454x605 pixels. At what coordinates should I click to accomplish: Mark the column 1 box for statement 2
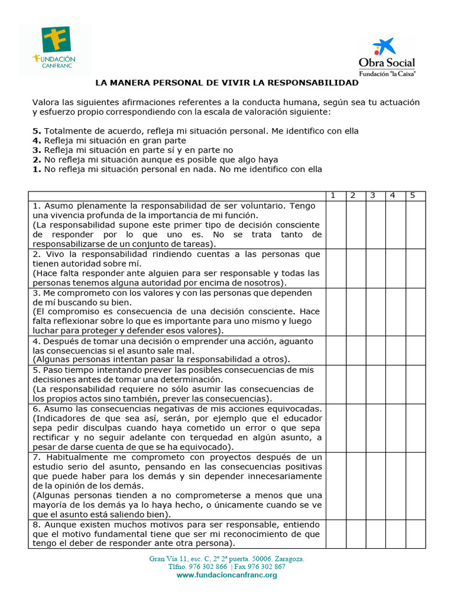[336, 268]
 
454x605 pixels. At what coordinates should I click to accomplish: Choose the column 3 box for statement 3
[375, 312]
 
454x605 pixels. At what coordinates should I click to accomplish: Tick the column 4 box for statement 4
[395, 350]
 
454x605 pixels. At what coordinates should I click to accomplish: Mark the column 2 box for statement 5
[356, 384]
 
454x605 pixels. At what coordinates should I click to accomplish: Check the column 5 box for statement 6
[416, 428]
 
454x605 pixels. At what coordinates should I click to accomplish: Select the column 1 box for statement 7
[336, 485]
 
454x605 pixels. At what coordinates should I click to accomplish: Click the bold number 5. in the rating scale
[37, 131]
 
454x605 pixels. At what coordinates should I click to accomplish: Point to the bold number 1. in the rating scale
[37, 169]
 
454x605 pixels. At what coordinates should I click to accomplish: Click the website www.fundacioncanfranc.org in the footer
[226, 575]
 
